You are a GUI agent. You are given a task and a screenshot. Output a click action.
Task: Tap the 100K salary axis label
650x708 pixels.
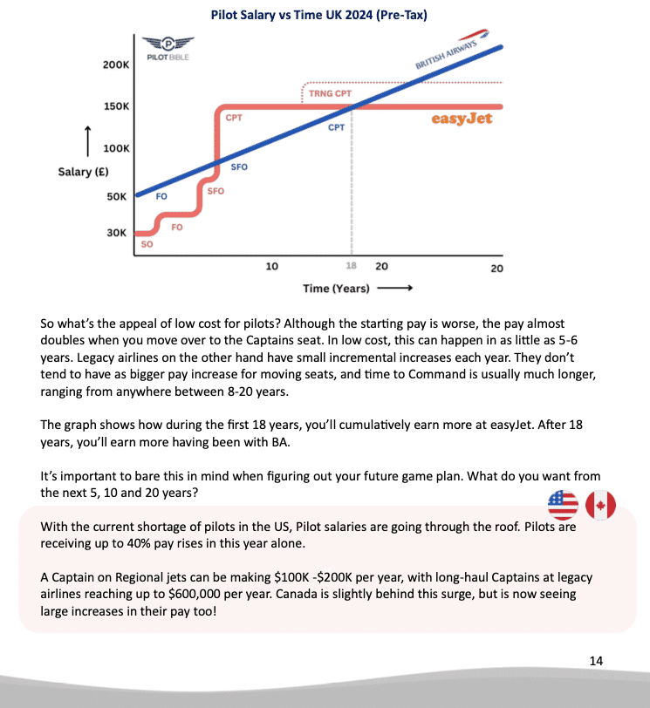116,149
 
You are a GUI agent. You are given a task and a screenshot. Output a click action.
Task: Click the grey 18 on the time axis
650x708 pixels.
351,266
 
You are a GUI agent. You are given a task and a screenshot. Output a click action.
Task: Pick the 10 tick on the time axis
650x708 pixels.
271,266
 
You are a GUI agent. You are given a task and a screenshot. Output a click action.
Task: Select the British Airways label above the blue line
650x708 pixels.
450,57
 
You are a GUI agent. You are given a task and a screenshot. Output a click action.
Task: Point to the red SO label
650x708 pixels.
147,245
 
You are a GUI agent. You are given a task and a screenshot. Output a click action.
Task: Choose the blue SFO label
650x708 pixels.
239,167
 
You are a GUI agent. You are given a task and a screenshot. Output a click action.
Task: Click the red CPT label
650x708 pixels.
234,117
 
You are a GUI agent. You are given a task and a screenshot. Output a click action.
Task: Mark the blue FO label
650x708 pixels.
161,197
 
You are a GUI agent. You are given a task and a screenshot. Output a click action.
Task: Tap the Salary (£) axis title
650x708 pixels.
81,172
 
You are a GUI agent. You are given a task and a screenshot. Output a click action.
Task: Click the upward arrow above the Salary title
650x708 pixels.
86,139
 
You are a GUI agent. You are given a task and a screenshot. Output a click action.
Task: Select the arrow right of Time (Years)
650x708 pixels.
395,288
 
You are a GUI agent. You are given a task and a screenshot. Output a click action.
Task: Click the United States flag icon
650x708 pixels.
563,504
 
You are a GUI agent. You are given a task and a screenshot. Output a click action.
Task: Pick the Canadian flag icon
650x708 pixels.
600,504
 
